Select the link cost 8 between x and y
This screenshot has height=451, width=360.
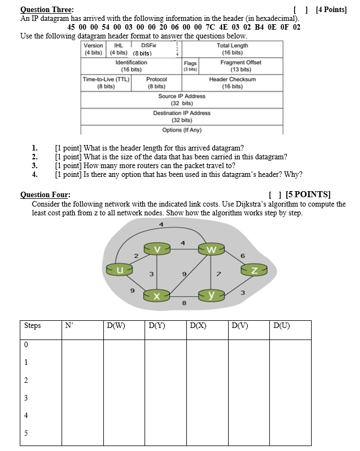click(x=184, y=303)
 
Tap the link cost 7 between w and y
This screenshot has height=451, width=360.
click(x=218, y=274)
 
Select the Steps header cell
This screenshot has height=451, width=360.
click(x=32, y=326)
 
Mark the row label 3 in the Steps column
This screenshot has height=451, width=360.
click(x=26, y=397)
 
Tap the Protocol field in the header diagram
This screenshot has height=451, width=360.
click(x=156, y=83)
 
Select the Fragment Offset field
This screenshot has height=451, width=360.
click(x=241, y=66)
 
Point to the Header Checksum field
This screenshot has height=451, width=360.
click(x=232, y=83)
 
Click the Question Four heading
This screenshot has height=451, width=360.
click(x=45, y=194)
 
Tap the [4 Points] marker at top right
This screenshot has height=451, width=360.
click(x=331, y=9)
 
